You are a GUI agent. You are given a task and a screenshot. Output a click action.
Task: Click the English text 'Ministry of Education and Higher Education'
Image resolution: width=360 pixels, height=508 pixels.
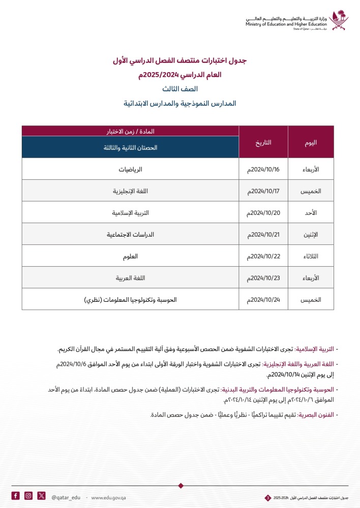click(286, 24)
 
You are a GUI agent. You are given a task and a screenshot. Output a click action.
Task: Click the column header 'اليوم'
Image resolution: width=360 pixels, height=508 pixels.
click(311, 142)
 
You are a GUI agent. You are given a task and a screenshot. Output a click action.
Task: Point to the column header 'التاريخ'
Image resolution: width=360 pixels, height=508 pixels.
click(263, 142)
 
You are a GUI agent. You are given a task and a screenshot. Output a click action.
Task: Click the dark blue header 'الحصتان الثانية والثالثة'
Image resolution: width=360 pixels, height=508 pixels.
click(130, 147)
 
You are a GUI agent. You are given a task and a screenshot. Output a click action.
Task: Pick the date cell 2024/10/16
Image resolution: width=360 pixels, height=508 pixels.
click(263, 169)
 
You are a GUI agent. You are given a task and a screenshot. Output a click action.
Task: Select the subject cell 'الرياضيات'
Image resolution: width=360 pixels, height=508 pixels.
click(130, 169)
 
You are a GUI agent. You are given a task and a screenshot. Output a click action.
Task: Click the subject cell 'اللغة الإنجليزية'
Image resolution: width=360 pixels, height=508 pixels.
click(130, 190)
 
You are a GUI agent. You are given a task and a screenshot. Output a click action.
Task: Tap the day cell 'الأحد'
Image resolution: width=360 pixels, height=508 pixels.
click(311, 212)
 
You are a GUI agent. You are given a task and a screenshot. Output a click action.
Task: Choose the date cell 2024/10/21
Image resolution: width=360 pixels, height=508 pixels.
click(263, 234)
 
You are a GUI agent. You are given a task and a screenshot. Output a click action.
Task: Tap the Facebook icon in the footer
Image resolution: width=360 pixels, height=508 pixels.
click(16, 496)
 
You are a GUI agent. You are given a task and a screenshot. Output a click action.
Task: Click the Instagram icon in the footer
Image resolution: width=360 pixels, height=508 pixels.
click(28, 496)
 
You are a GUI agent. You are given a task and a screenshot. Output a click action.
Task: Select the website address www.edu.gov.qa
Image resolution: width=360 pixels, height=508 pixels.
click(108, 496)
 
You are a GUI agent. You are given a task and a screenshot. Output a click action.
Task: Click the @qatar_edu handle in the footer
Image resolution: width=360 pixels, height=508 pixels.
click(66, 496)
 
